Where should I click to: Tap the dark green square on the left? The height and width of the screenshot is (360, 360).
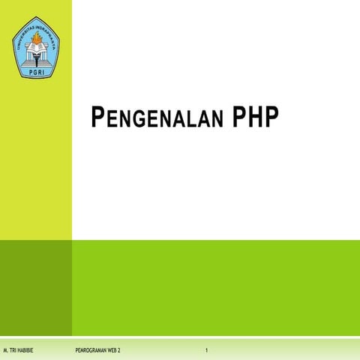click(x=36, y=287)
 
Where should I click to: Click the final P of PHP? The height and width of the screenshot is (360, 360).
click(x=270, y=116)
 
